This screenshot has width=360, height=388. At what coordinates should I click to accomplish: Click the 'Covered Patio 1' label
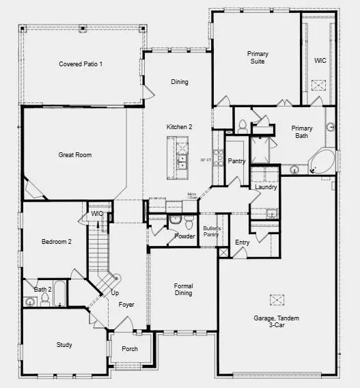(81, 64)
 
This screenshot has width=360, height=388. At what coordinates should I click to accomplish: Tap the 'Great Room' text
(74, 155)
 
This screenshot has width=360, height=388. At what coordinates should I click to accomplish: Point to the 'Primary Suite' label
(258, 57)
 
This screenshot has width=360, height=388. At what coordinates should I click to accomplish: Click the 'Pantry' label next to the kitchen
(236, 161)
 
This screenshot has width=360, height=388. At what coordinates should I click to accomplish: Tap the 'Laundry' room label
(265, 187)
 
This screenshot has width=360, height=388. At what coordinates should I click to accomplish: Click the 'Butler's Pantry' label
(212, 232)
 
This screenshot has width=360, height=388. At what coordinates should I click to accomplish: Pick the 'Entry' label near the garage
(242, 242)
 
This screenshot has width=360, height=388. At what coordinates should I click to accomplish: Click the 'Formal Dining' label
(183, 289)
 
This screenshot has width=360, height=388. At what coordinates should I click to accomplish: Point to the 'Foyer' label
(126, 305)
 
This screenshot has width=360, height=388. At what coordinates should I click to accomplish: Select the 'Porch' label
(130, 349)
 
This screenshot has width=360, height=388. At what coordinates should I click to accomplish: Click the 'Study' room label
(64, 345)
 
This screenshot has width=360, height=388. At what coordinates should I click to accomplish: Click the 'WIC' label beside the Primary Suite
(320, 60)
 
